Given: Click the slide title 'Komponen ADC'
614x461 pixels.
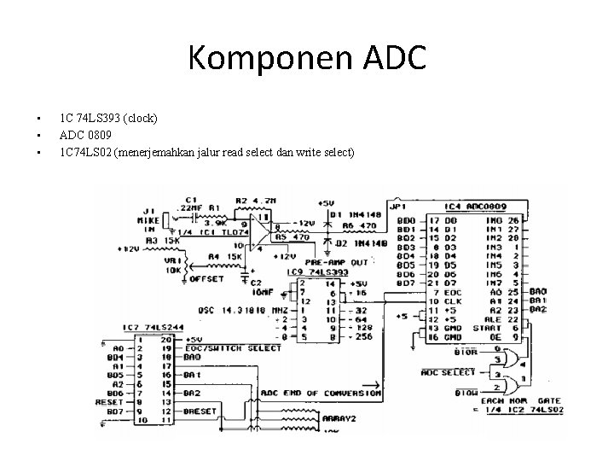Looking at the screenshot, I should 306,59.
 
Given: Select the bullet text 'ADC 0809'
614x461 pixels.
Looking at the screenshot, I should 86,134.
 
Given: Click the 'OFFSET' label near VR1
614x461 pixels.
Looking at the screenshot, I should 206,278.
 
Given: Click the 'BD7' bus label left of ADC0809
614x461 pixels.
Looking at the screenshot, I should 406,283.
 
